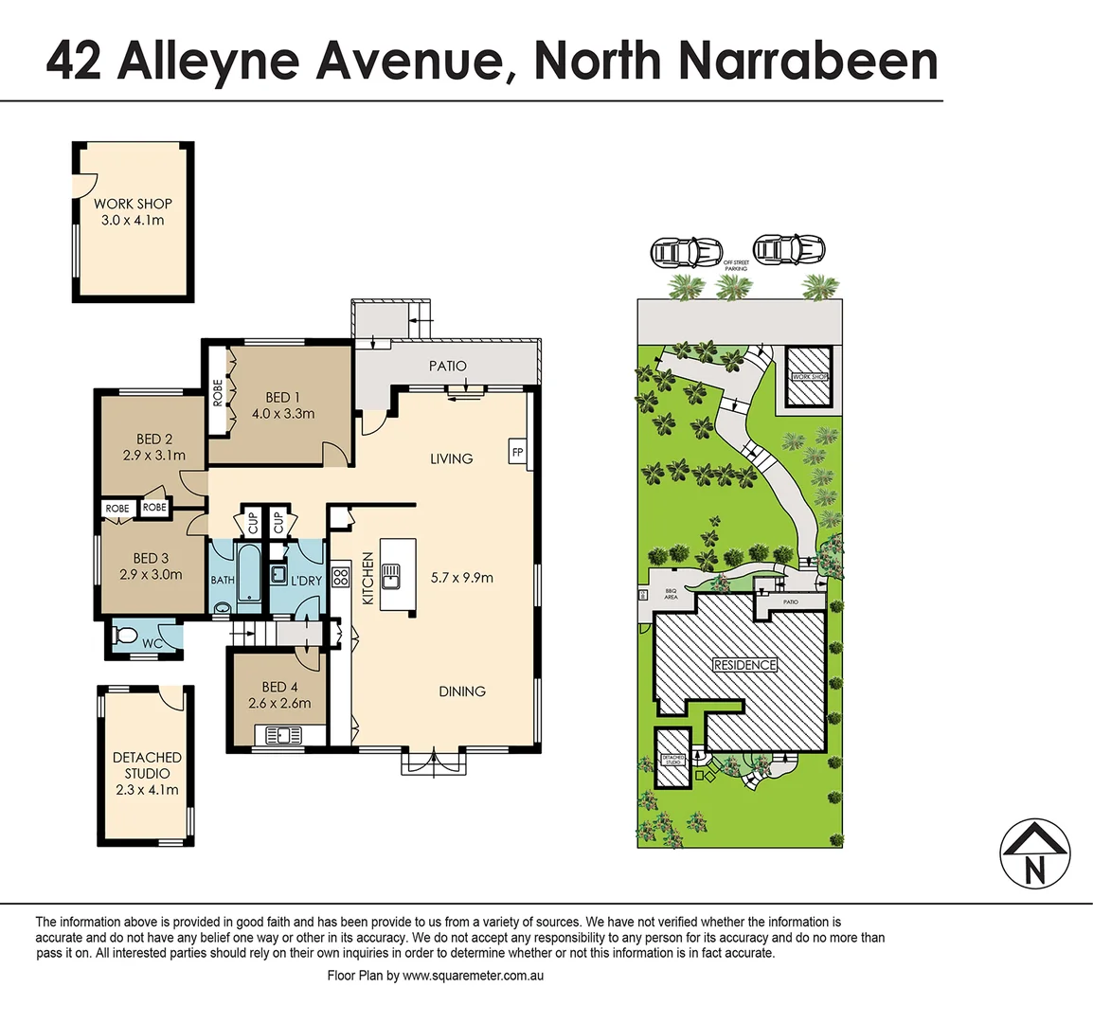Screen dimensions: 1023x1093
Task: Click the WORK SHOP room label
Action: [133, 204]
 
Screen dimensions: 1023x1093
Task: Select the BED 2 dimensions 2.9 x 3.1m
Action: [154, 456]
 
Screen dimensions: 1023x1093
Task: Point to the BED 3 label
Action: [151, 559]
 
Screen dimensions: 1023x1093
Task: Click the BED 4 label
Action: [279, 687]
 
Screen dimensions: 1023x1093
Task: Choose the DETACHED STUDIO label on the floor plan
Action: [147, 765]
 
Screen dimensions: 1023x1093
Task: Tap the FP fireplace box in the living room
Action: [517, 453]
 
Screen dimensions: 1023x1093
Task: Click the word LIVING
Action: [451, 458]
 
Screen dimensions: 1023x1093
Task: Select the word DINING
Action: [462, 691]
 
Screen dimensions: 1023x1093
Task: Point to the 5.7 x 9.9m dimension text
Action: [462, 577]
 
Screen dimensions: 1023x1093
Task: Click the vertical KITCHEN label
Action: [367, 579]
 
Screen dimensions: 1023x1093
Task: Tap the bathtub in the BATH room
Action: [248, 573]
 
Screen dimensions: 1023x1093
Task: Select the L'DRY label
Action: [306, 581]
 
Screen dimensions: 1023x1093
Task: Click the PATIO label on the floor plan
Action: [447, 366]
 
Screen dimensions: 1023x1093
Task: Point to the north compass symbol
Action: [1035, 852]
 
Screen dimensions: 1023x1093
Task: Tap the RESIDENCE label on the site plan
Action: [744, 665]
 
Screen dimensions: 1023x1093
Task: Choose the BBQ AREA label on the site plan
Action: [671, 595]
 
